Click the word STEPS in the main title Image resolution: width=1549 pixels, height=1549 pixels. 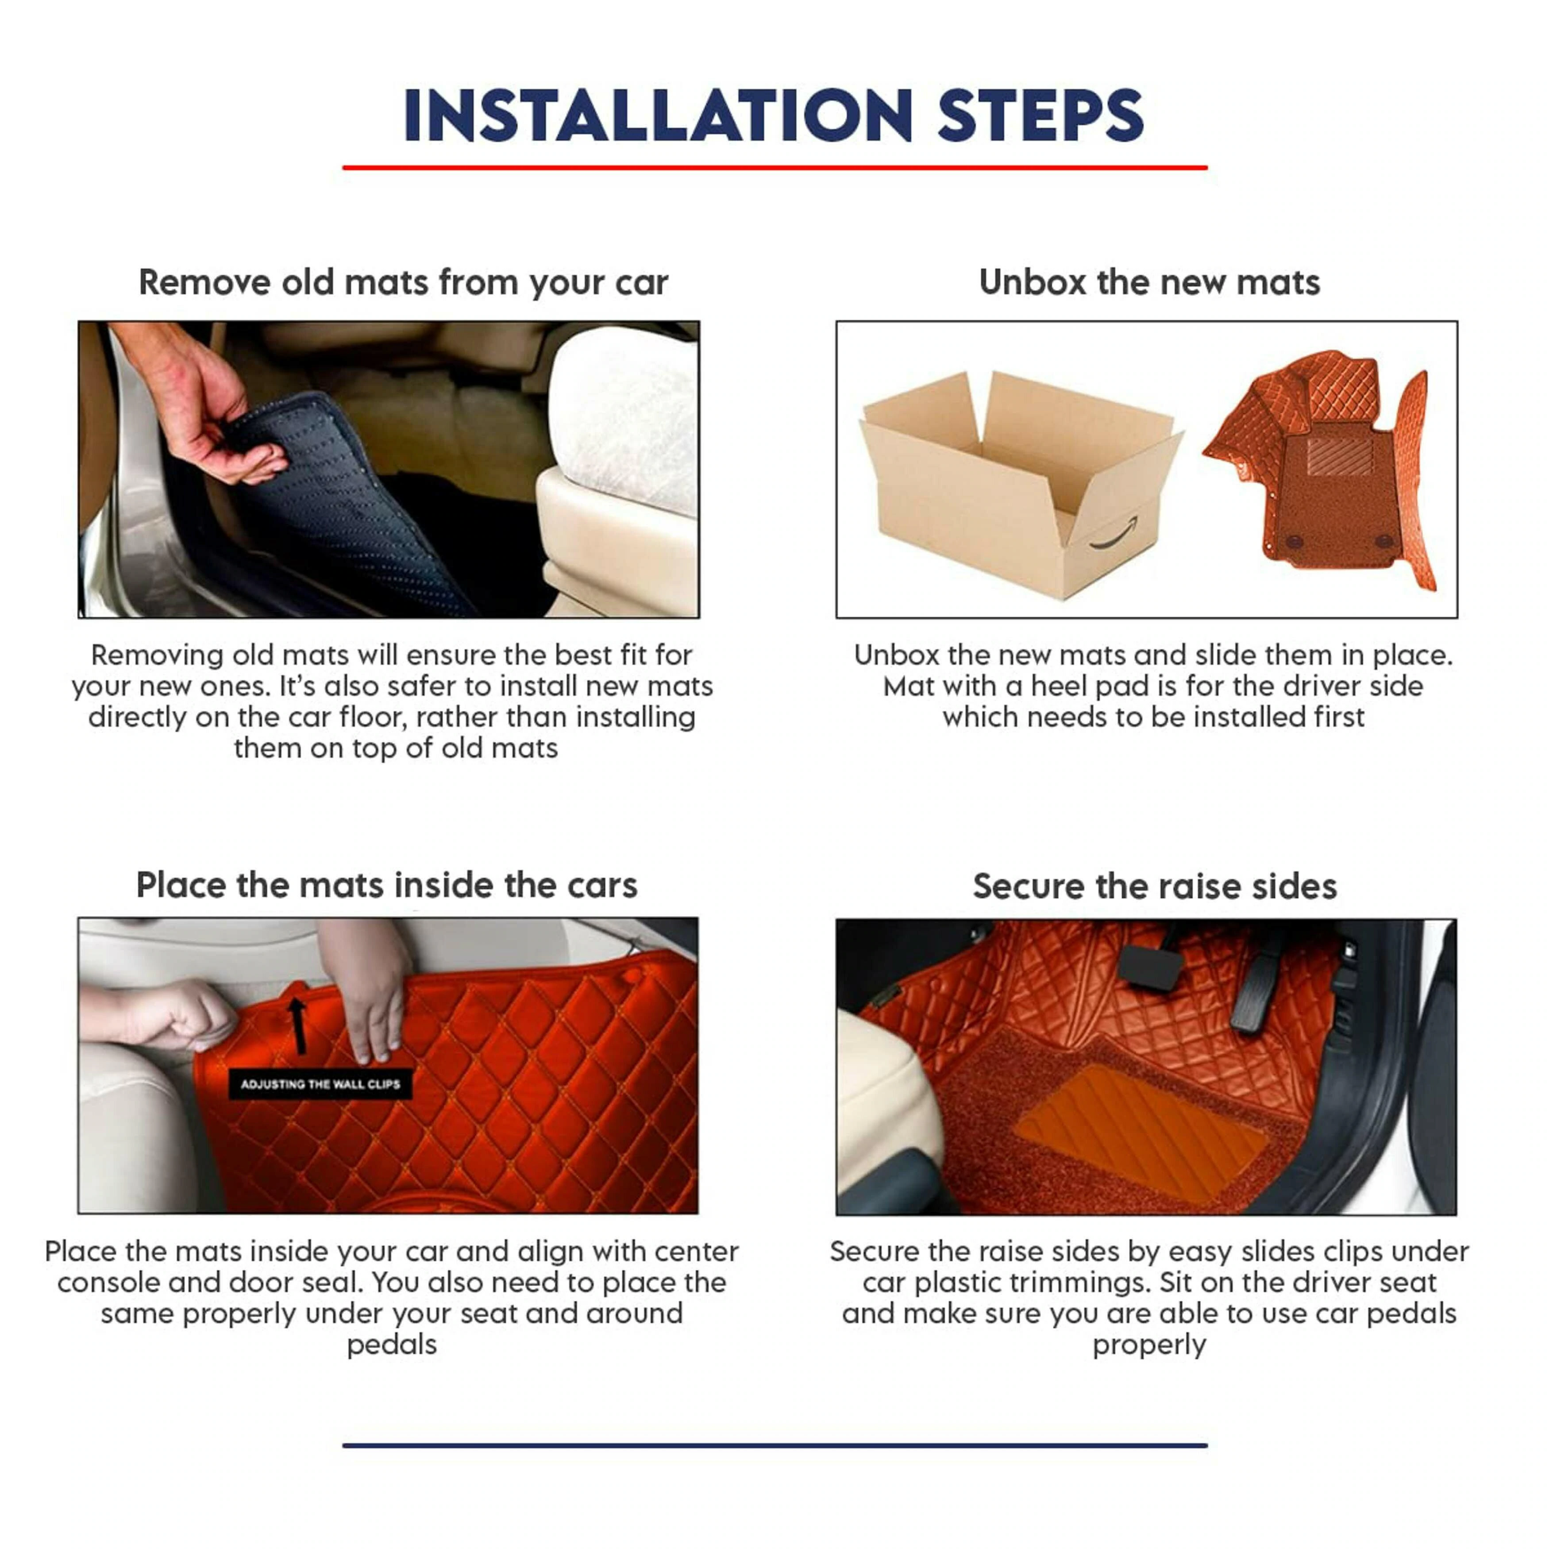click(1040, 116)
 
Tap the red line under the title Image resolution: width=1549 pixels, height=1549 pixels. click(774, 168)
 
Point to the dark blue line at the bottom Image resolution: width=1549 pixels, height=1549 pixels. click(774, 1445)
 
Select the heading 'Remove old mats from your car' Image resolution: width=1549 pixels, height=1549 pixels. click(403, 283)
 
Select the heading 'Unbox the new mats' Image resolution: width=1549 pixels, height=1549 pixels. click(1149, 282)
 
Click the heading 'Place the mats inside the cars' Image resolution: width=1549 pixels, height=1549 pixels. click(386, 885)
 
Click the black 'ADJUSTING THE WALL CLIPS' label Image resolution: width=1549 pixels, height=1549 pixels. click(320, 1084)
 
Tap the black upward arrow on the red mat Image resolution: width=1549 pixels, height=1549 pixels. click(297, 1025)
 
